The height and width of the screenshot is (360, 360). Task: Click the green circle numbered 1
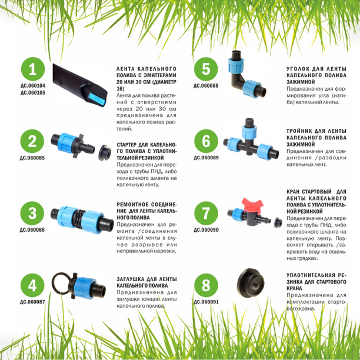(32, 69)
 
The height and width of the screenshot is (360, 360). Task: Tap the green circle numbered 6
(206, 141)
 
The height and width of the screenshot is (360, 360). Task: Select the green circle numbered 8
(206, 285)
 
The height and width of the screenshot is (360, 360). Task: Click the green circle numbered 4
(32, 285)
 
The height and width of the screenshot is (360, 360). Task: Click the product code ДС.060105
(33, 93)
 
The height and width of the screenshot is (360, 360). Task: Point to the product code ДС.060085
(32, 158)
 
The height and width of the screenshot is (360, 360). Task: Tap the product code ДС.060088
(206, 86)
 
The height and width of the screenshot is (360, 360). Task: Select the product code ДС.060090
(206, 230)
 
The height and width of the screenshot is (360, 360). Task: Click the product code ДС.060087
(32, 302)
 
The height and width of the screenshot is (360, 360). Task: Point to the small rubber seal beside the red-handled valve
(278, 223)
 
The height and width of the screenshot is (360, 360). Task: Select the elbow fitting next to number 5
(246, 74)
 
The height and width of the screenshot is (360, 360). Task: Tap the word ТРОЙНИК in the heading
(299, 131)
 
